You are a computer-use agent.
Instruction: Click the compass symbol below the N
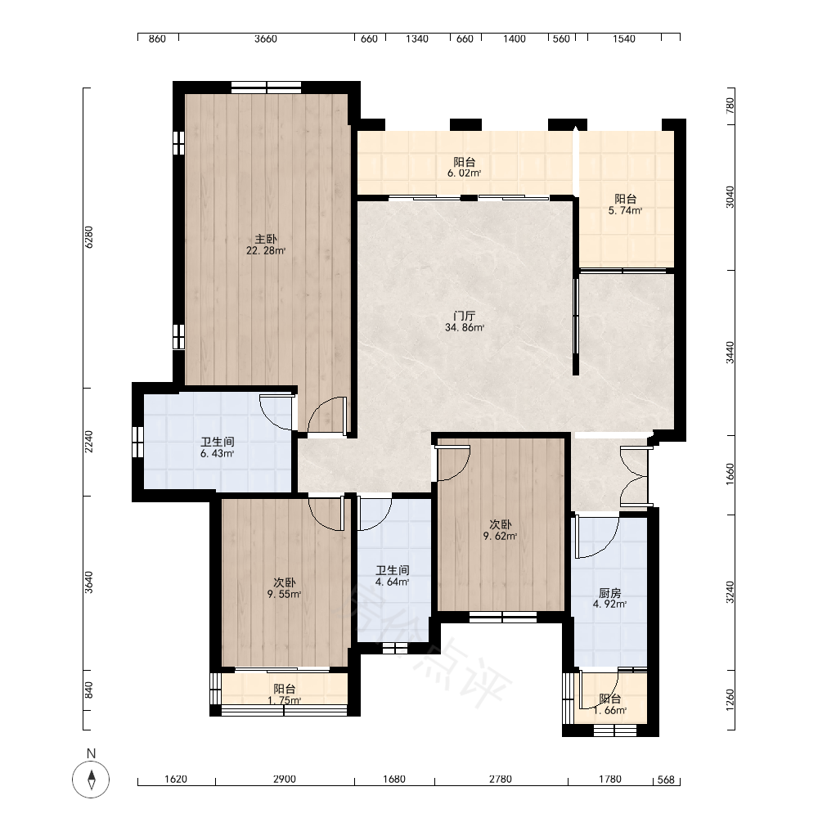pyautogui.click(x=91, y=780)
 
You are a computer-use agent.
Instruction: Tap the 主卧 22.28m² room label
pyautogui.click(x=266, y=245)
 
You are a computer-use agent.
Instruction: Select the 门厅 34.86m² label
pyautogui.click(x=465, y=321)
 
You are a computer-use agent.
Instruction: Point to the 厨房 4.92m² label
pyautogui.click(x=609, y=599)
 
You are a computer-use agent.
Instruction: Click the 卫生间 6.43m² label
pyautogui.click(x=217, y=447)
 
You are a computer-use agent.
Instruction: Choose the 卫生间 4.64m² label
pyautogui.click(x=393, y=576)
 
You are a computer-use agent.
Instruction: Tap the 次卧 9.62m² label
pyautogui.click(x=500, y=530)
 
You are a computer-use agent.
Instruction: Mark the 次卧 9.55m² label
pyautogui.click(x=284, y=588)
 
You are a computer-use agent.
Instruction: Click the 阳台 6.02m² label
pyautogui.click(x=464, y=168)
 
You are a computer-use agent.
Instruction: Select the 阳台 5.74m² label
pyautogui.click(x=625, y=204)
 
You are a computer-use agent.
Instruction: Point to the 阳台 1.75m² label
pyautogui.click(x=285, y=694)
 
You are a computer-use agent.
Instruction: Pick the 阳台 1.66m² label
pyautogui.click(x=610, y=704)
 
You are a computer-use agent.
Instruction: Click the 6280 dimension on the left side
pyautogui.click(x=88, y=237)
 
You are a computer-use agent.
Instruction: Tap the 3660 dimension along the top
pyautogui.click(x=266, y=38)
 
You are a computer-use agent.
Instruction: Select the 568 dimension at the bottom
pyautogui.click(x=666, y=780)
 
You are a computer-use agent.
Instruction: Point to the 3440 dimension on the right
pyautogui.click(x=730, y=353)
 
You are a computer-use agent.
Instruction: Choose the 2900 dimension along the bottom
pyautogui.click(x=285, y=779)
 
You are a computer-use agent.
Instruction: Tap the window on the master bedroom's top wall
pyautogui.click(x=266, y=88)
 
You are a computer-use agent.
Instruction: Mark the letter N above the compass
pyautogui.click(x=92, y=753)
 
